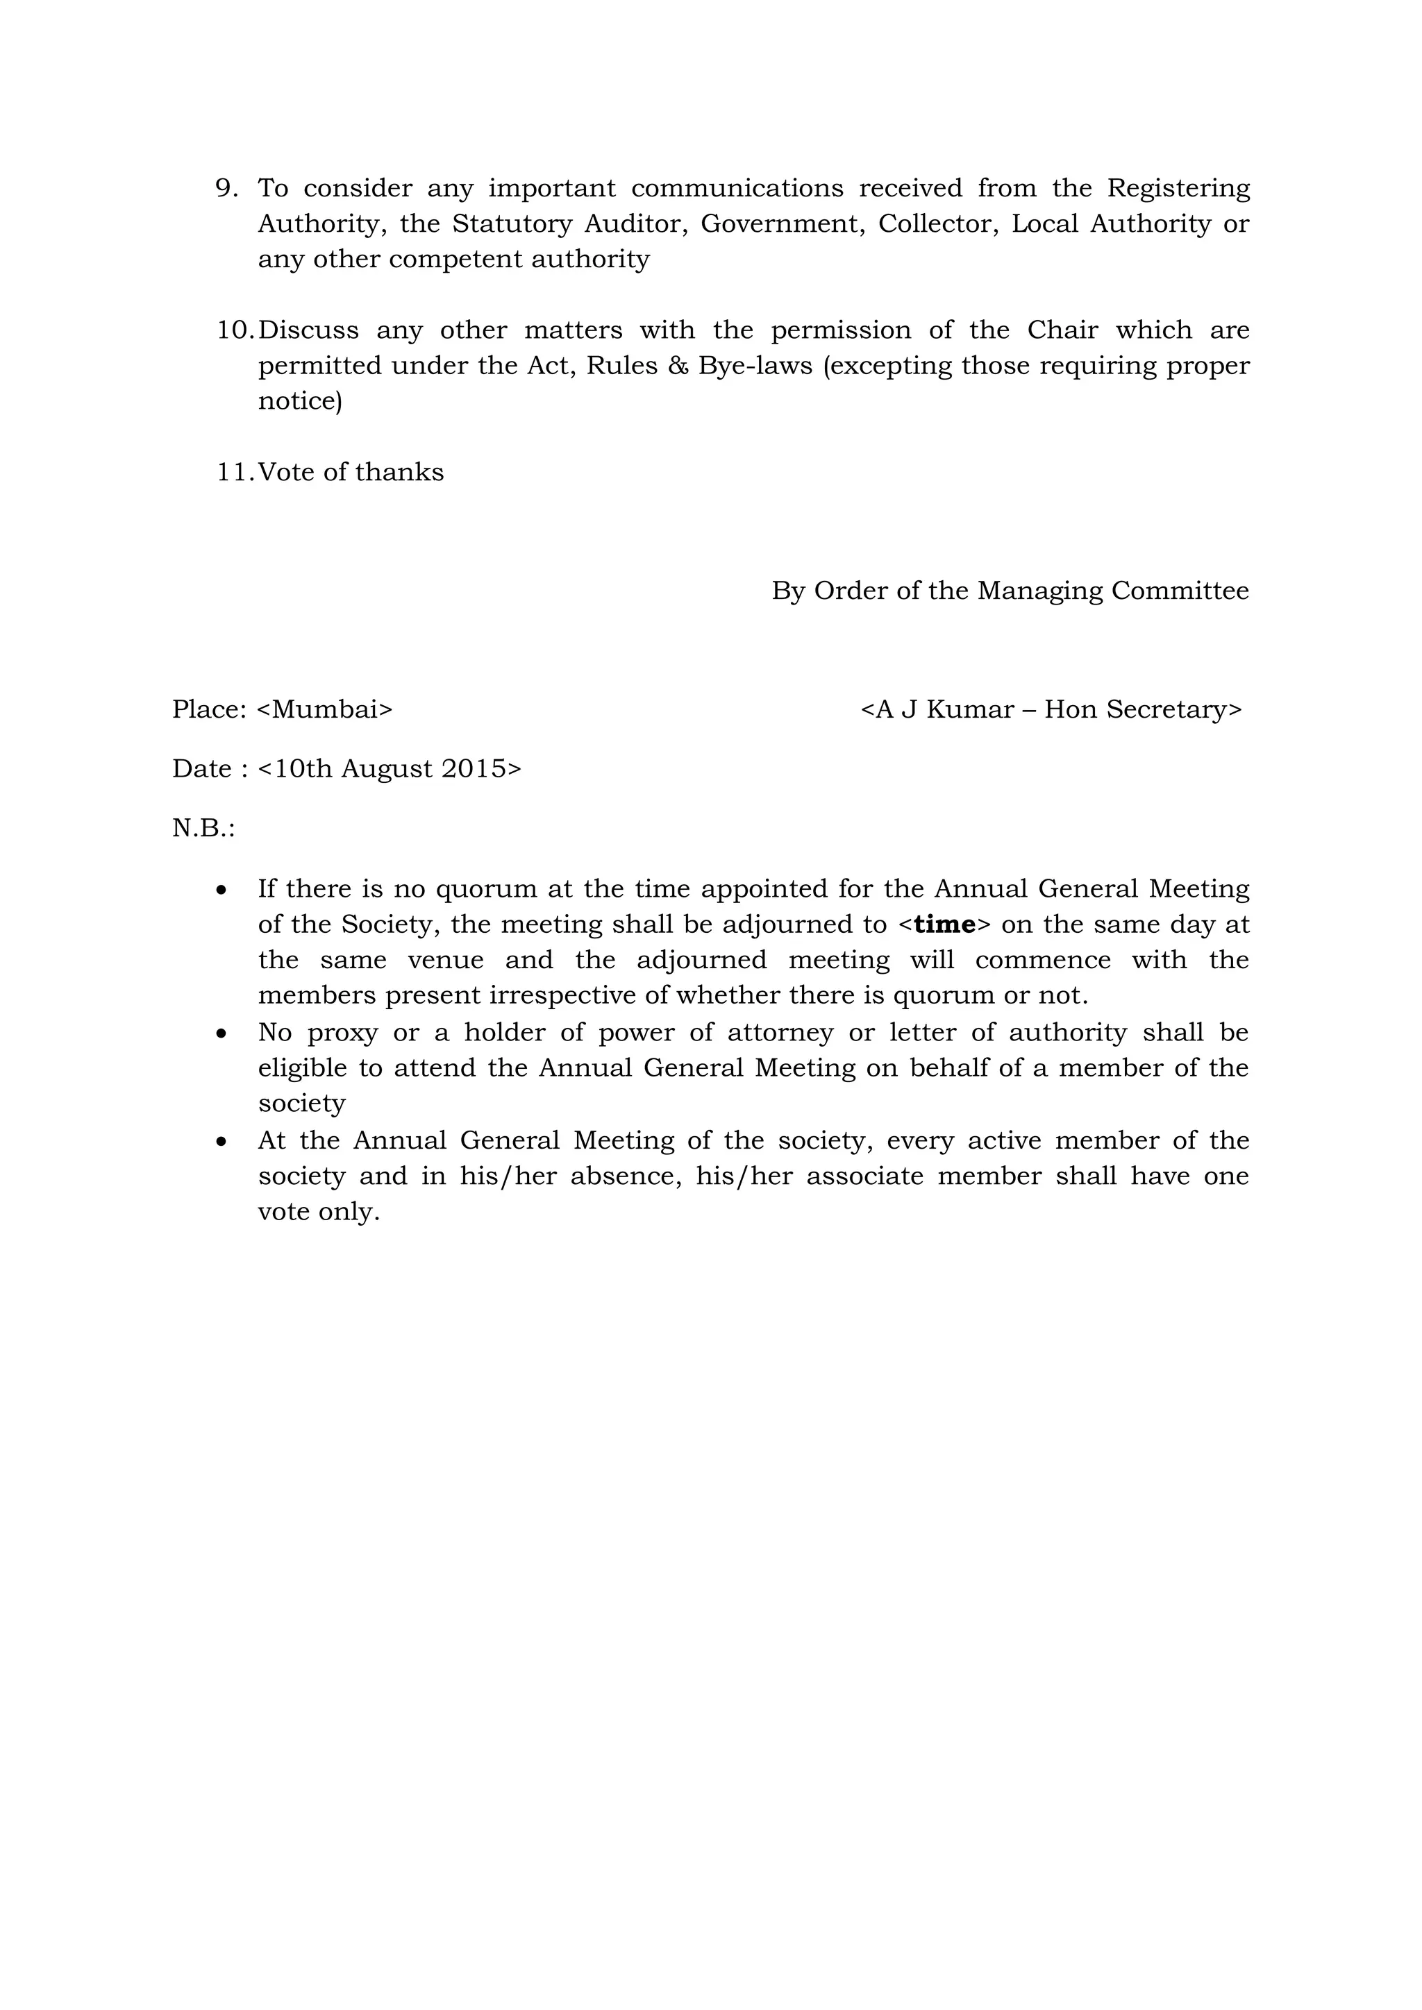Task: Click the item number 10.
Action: point(235,330)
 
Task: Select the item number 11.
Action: point(235,473)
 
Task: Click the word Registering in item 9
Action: point(1178,189)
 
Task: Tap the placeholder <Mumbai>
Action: point(325,709)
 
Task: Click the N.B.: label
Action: point(203,828)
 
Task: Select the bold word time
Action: point(944,925)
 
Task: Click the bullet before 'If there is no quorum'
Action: point(222,890)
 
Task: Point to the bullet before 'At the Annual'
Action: point(222,1142)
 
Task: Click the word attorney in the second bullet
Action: point(780,1033)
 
